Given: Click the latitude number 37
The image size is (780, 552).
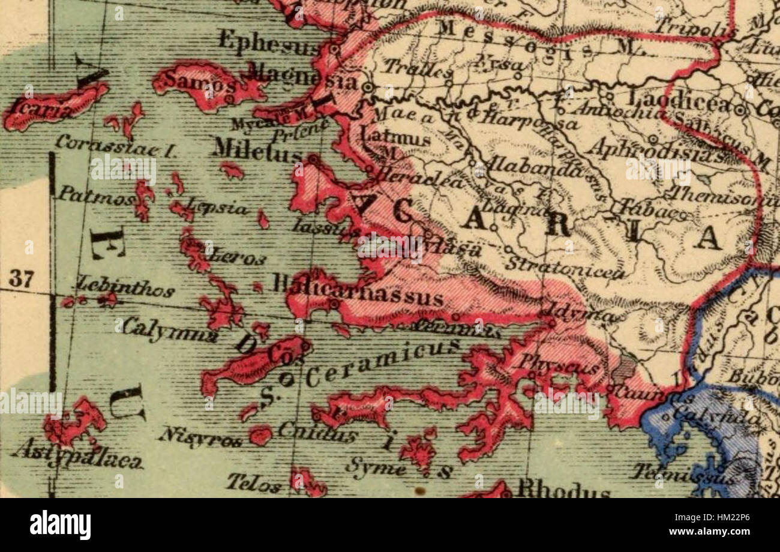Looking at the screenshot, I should (21, 279).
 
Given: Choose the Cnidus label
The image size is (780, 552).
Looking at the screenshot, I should (317, 431).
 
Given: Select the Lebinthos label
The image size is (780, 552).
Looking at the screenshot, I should (125, 289).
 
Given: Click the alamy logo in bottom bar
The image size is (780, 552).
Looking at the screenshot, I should (60, 524).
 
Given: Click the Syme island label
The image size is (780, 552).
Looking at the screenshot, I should (375, 467).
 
